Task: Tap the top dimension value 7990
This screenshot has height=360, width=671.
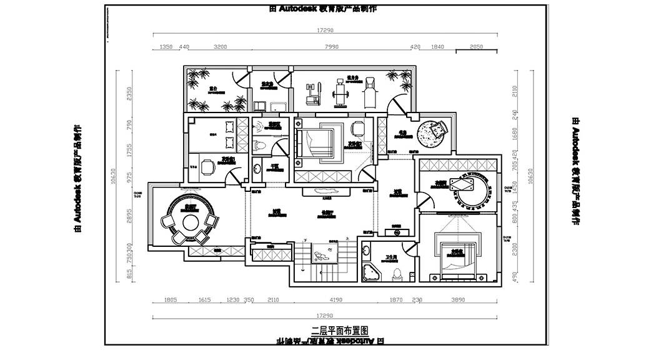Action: click(332, 47)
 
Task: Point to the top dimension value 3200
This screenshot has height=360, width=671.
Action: click(220, 47)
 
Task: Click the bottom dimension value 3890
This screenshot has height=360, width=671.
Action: click(458, 300)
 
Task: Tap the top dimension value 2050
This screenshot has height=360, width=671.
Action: click(476, 47)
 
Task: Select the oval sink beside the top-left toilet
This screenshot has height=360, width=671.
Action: click(258, 169)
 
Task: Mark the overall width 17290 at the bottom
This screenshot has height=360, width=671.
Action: click(326, 316)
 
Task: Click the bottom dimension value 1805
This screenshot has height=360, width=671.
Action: click(171, 300)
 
